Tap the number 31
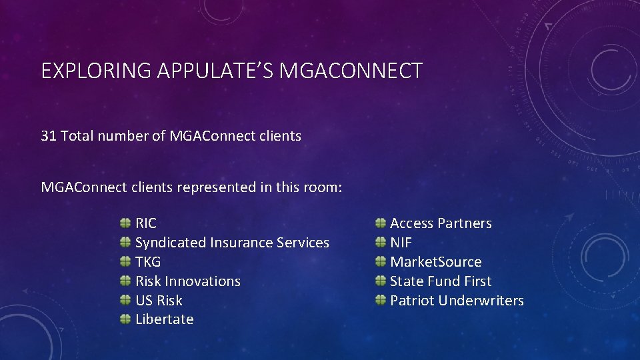49,136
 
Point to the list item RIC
146,223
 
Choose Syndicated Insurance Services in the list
232,243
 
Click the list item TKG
148,262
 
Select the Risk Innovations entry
188,281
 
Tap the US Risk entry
159,301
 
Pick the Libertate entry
165,319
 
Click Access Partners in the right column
441,223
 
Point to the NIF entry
401,243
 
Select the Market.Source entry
435,262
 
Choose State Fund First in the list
441,281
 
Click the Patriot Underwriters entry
457,301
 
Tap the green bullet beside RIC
125,223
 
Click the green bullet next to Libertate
125,319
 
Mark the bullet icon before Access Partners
380,223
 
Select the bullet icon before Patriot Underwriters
380,300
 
